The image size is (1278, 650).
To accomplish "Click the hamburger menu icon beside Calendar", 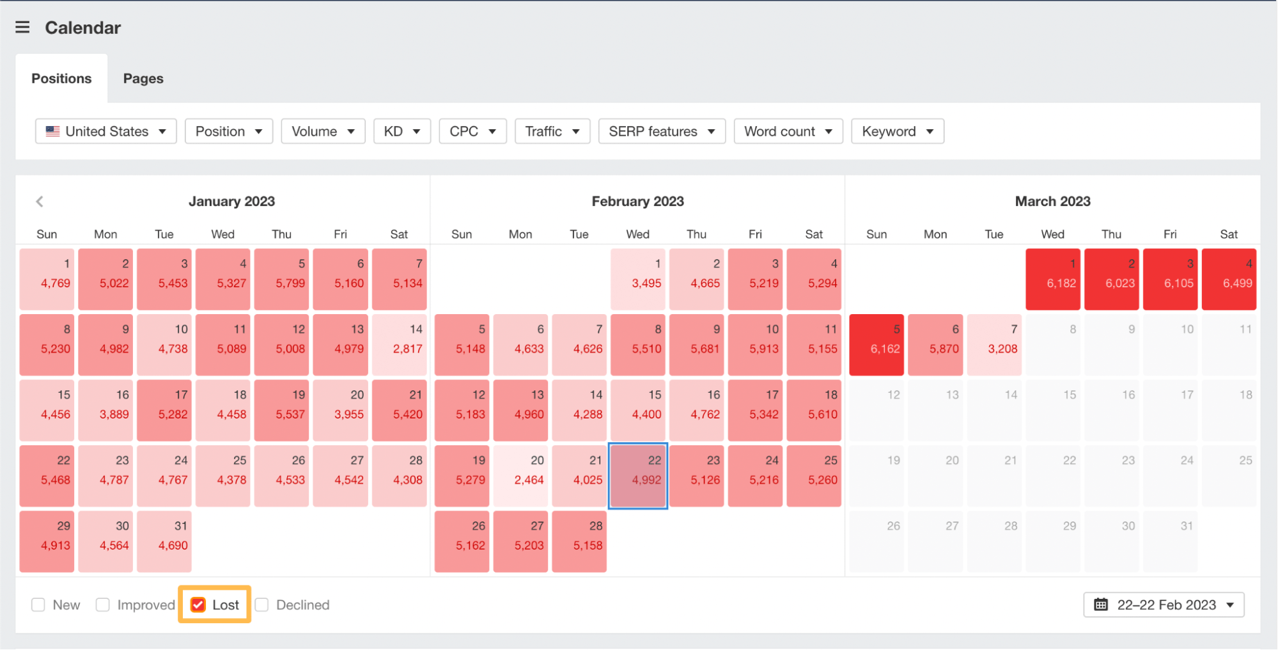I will coord(22,27).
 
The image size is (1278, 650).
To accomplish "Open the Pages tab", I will coord(143,79).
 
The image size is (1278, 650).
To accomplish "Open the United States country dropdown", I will coord(106,131).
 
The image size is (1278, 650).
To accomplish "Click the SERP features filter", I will coord(662,131).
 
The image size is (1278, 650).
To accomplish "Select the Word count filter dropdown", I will coord(788,131).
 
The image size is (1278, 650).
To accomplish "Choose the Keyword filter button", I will coord(897,131).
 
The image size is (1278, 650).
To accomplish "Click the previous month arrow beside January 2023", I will coord(40,202).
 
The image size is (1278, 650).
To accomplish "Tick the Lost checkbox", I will coord(198,605).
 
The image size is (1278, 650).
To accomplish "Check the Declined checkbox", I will coord(262,605).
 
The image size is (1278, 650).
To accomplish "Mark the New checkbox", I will coord(38,605).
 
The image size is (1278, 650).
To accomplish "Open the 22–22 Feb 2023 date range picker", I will coord(1164,605).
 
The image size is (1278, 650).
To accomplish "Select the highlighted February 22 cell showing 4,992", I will coord(637,476).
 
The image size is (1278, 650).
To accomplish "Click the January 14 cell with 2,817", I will coord(399,344).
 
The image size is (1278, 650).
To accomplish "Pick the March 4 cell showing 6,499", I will coord(1229,279).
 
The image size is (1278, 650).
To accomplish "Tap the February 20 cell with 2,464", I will coord(520,476).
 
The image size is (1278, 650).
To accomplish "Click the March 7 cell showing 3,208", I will coord(994,344).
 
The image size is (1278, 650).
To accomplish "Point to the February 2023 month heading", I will coord(637,202).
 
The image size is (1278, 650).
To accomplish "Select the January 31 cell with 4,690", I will coord(164,541).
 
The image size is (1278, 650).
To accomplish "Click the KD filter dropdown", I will coord(402,131).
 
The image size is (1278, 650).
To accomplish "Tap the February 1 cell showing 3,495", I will coord(637,279).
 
